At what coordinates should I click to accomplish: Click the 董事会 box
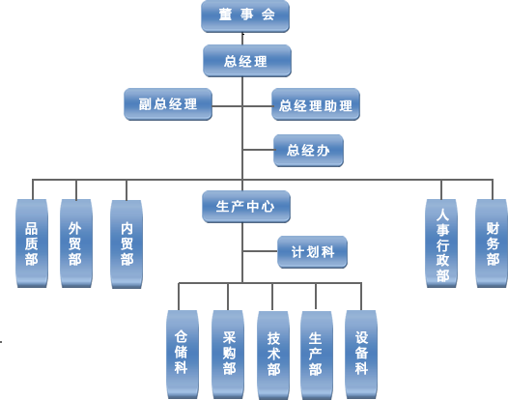(x=245, y=16)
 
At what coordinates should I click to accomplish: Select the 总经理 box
(x=247, y=61)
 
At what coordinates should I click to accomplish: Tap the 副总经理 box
(x=168, y=104)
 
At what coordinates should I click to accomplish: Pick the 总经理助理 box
(x=316, y=104)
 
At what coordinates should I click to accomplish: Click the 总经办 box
(x=308, y=151)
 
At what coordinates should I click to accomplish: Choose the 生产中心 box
(x=246, y=207)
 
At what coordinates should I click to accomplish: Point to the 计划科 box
(x=312, y=252)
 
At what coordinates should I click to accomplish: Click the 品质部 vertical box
(x=32, y=243)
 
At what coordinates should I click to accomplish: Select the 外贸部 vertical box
(x=76, y=243)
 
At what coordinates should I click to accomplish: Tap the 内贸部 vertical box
(x=127, y=244)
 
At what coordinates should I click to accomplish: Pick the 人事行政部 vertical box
(x=441, y=243)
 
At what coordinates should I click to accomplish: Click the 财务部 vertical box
(x=492, y=243)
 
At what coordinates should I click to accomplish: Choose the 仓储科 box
(x=183, y=355)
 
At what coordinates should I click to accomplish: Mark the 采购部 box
(x=228, y=355)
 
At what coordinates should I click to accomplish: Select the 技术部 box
(x=273, y=356)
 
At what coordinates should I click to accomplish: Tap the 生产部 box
(x=317, y=356)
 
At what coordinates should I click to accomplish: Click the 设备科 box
(x=361, y=355)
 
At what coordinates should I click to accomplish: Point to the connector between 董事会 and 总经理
(x=242, y=39)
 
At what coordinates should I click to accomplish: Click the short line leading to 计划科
(x=260, y=251)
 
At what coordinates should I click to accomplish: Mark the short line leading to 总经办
(x=259, y=150)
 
